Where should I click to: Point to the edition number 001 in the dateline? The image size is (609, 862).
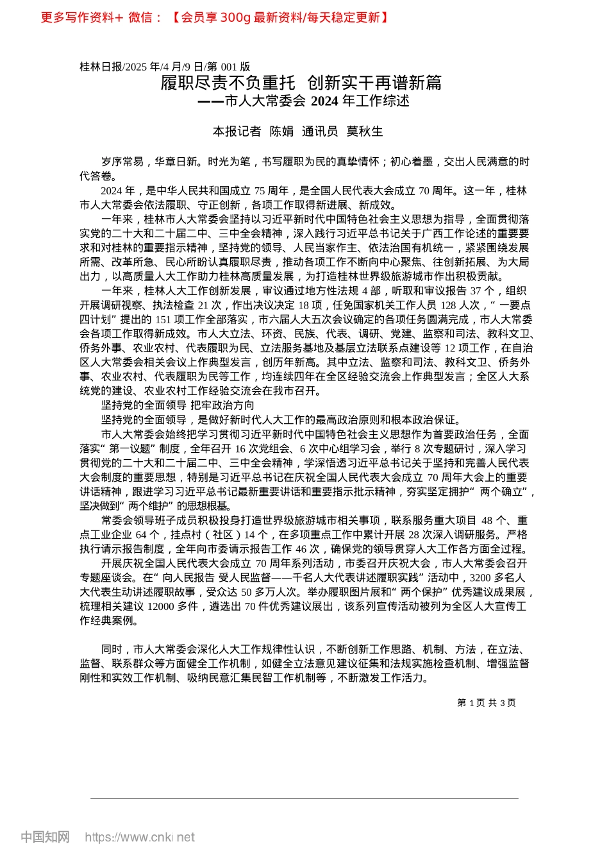coord(229,66)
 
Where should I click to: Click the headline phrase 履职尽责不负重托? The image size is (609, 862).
coord(228,83)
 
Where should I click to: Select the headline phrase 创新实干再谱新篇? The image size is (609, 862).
coord(374,83)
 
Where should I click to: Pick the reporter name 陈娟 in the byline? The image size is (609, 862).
coord(281,131)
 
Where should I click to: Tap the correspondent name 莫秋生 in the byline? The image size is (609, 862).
coord(364,131)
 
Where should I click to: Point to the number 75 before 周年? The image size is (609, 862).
coord(260,190)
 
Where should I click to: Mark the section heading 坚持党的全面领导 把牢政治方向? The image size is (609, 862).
coord(178,405)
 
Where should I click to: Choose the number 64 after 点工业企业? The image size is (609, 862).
coord(142,534)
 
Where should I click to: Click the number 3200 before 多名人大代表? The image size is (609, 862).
coord(480,577)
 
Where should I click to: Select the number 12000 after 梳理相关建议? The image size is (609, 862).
coord(160,606)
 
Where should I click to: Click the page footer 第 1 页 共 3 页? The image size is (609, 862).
coord(487,703)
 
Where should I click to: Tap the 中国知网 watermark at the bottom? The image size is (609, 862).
coord(45,837)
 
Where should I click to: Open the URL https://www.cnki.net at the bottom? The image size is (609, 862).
coord(140,837)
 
